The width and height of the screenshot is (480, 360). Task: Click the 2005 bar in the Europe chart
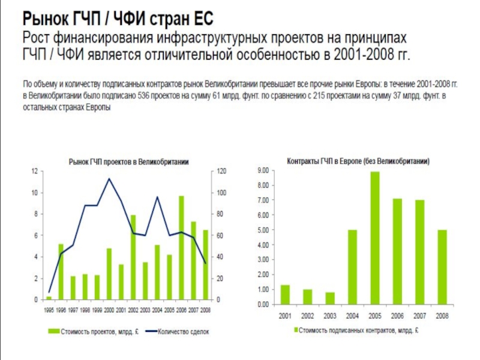pos(375,238)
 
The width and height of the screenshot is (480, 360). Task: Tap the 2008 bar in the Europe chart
pos(442,267)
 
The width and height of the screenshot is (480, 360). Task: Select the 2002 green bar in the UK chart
pos(133,257)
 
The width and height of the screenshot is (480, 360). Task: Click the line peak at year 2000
pos(109,179)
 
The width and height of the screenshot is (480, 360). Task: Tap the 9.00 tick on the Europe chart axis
pos(263,171)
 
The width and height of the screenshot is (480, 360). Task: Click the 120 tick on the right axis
pos(221,172)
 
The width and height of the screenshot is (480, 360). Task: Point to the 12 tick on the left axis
pos(35,172)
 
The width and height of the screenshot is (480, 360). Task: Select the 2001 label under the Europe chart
pos(285,316)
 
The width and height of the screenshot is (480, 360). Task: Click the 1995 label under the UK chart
pos(49,310)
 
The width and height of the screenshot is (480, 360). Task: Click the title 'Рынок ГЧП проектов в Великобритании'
pos(129,161)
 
